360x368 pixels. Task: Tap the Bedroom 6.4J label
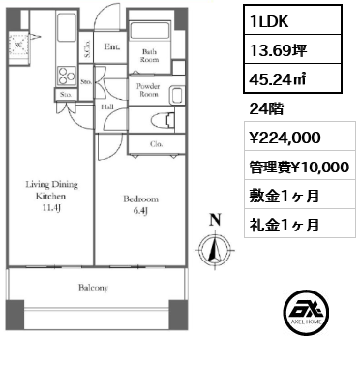(134, 204)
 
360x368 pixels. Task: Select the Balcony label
(93, 288)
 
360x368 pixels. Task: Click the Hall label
(107, 107)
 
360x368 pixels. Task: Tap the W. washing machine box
(20, 44)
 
